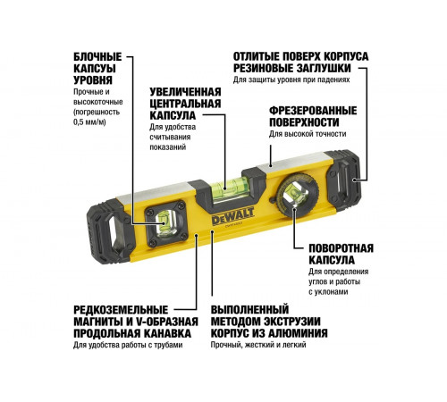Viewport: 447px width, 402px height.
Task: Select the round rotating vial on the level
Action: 293,191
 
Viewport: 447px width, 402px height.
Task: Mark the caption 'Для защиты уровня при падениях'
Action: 291,80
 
